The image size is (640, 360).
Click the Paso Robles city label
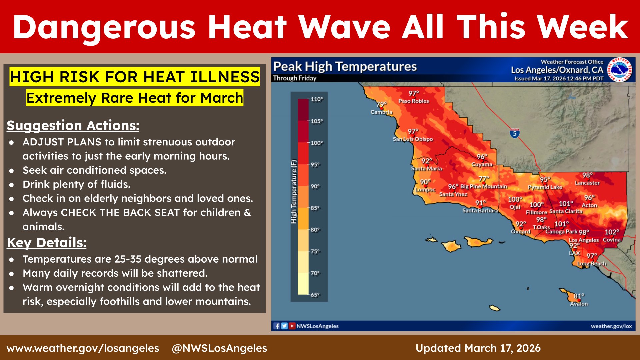click(x=414, y=101)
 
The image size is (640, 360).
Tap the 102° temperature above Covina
click(x=612, y=232)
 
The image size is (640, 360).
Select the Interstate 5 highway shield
click(x=515, y=133)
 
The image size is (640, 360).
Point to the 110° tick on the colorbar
click(x=317, y=99)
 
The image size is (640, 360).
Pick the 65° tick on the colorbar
click(x=315, y=295)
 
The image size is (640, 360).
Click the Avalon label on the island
click(x=579, y=304)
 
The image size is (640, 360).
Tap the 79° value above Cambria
click(x=381, y=105)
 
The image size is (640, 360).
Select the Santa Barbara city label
click(x=480, y=211)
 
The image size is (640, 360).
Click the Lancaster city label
click(x=587, y=183)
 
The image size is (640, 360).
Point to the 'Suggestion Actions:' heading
click(x=73, y=126)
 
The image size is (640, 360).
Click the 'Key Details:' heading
click(x=47, y=243)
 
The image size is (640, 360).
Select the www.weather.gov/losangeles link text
click(x=83, y=348)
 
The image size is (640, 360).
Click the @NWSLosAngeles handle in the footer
click(x=219, y=348)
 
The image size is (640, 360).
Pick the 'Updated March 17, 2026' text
click(x=478, y=348)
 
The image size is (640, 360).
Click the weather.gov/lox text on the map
click(x=611, y=326)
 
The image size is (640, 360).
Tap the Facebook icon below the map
click(x=277, y=326)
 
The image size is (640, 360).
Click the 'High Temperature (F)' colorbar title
click(x=294, y=192)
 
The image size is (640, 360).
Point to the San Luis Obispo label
click(x=413, y=139)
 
